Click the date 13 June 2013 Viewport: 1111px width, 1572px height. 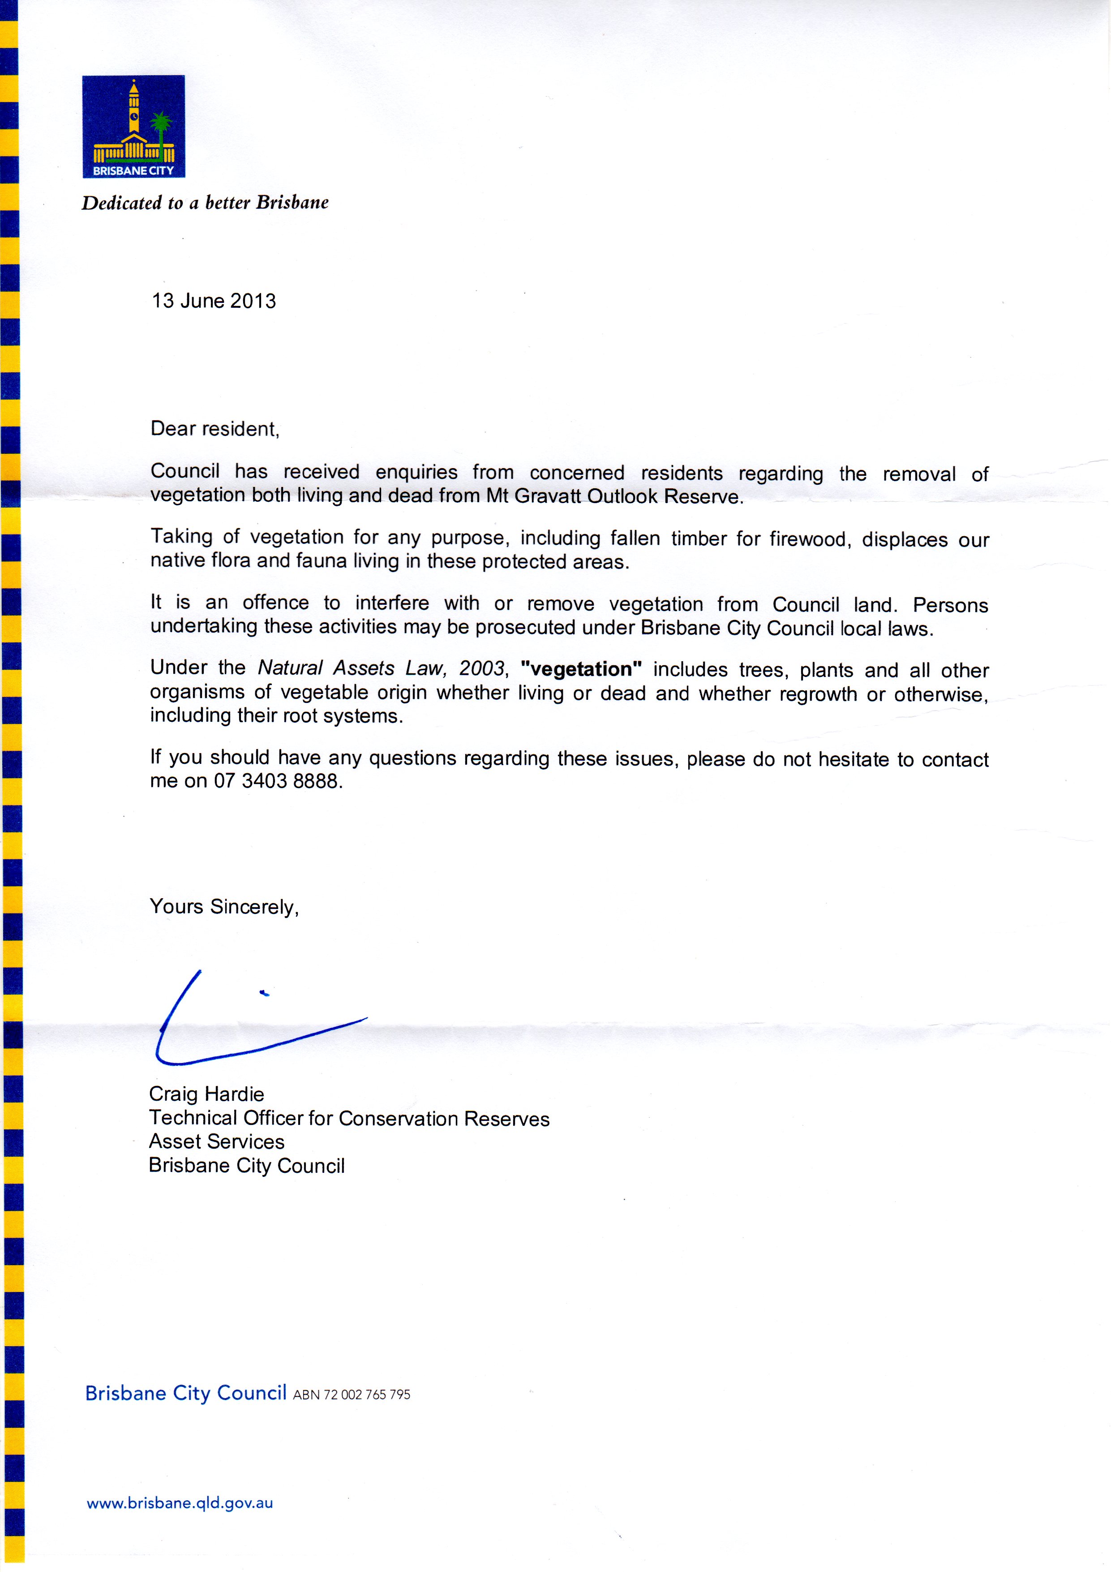[x=214, y=301]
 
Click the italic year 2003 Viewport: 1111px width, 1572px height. [x=483, y=668]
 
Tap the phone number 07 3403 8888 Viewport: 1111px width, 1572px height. [x=277, y=781]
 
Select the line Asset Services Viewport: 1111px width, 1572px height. [x=216, y=1141]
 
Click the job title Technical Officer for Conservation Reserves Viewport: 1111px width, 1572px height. [x=349, y=1118]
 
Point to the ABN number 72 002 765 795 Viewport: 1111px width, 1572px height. [x=352, y=1395]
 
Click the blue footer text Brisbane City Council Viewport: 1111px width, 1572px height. [x=185, y=1393]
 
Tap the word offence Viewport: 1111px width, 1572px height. [x=276, y=603]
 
